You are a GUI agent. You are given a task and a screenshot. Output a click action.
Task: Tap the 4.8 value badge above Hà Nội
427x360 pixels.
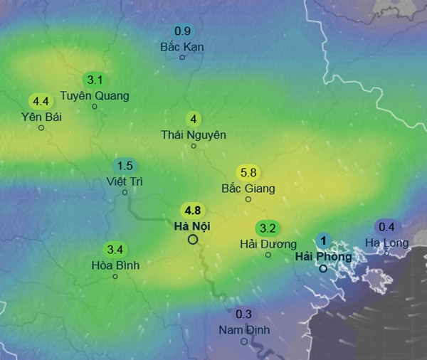(192, 211)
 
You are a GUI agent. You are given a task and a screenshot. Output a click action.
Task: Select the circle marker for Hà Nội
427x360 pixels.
(192, 240)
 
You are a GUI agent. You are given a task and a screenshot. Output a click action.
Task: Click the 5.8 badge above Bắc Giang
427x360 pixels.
(248, 173)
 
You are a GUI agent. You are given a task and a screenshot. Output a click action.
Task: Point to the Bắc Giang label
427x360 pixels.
(248, 189)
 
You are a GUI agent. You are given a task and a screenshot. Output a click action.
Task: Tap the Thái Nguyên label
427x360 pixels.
(194, 134)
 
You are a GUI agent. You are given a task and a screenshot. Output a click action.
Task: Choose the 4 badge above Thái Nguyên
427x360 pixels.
(193, 119)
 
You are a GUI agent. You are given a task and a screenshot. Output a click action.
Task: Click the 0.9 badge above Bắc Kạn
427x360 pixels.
(182, 31)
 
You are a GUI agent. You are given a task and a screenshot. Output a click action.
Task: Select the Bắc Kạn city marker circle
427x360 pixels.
(182, 57)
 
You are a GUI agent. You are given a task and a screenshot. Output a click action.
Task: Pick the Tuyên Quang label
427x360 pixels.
(95, 95)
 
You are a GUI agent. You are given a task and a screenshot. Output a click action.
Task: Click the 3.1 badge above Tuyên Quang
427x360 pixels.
(94, 80)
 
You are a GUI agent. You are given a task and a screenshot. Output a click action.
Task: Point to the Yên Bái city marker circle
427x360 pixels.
(41, 128)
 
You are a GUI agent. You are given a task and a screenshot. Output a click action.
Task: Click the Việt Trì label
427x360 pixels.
(125, 181)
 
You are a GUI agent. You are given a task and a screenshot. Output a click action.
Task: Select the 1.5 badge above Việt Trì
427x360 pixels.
(125, 165)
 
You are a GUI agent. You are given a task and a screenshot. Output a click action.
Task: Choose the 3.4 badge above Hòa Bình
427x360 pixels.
(115, 250)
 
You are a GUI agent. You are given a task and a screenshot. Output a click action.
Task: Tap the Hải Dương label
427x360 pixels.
(268, 244)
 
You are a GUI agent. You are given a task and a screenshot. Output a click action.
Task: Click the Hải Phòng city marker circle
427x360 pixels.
(323, 269)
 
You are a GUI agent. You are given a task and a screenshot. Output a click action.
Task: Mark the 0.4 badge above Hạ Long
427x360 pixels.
(386, 227)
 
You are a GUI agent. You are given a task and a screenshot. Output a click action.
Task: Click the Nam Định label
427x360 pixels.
(243, 329)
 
